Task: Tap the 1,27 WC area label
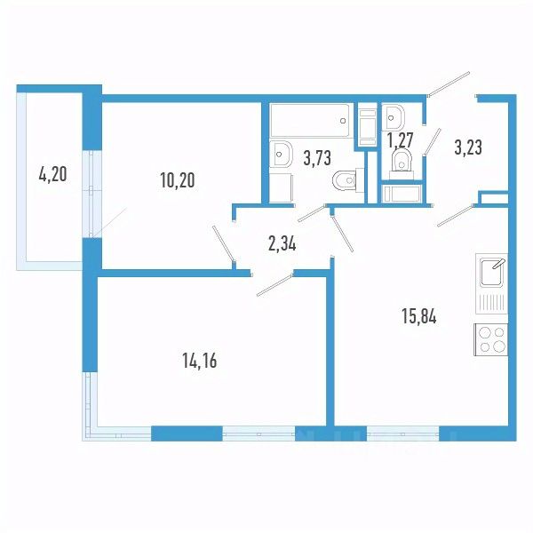[x=402, y=139]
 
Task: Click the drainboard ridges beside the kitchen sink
[x=493, y=302]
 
